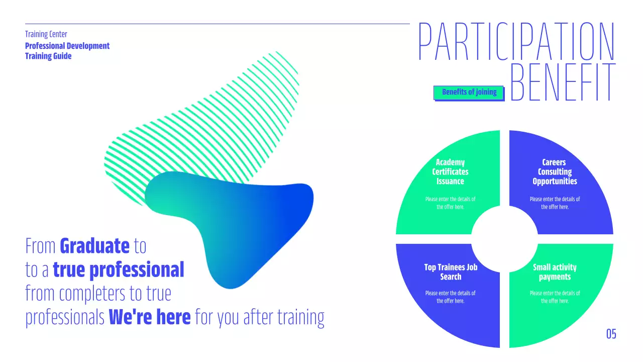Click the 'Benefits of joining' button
point(469,92)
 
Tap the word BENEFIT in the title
point(563,82)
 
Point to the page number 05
point(611,334)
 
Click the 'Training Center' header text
point(46,34)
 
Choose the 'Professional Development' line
point(67,46)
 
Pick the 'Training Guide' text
point(48,56)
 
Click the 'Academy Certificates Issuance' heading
point(450,171)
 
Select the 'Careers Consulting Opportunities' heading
point(555,171)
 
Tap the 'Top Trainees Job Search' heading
point(451,272)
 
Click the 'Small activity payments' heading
point(555,272)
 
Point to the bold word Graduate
point(94,246)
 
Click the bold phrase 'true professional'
point(119,270)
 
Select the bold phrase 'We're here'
point(150,317)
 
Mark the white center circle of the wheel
point(504,239)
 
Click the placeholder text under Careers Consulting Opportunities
point(555,203)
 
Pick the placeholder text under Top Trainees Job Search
point(451,297)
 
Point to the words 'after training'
point(284,318)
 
